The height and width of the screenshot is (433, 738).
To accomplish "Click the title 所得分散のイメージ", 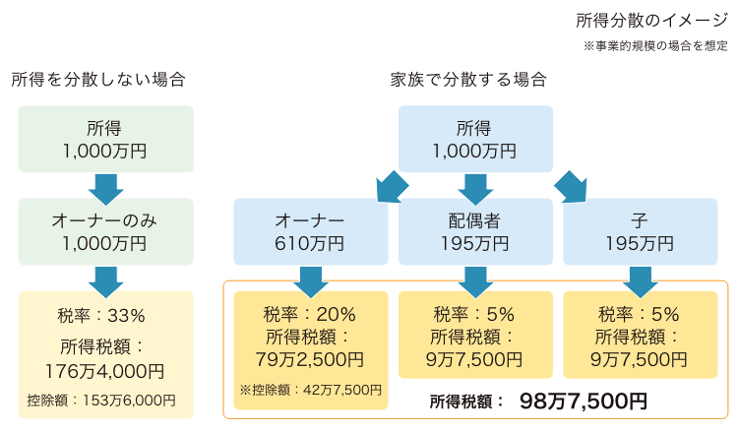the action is point(651,21).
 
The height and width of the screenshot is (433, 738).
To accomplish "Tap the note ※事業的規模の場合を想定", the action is point(655,46).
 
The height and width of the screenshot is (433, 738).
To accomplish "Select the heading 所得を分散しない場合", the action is point(97,80).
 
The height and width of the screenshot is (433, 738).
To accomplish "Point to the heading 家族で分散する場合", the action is point(468,80).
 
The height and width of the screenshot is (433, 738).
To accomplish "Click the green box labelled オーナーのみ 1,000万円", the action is point(106,231).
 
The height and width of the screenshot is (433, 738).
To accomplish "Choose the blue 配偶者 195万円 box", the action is point(475,231).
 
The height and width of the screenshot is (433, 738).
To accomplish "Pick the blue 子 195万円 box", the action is point(641,231).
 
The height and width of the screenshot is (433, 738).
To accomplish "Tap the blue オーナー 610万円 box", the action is point(311,231).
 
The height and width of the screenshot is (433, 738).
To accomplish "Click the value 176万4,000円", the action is point(104,371).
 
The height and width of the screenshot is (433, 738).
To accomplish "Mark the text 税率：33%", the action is point(101,315).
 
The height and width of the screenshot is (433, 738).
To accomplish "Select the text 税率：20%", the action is point(309,314).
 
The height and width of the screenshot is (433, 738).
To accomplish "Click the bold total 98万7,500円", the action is point(584,401).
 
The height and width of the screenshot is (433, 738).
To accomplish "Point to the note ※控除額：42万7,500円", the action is point(311,390).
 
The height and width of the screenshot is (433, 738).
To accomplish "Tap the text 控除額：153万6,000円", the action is point(101,401).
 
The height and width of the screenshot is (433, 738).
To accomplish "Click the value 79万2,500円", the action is point(310,359).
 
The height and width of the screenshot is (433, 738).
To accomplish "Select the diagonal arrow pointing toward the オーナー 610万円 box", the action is point(392,187).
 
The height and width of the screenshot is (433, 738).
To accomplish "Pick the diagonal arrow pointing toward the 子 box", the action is point(571,187).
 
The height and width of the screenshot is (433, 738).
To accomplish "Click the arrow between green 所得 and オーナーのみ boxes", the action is point(106,189).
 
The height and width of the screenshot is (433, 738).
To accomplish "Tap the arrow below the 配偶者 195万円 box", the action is point(475,282).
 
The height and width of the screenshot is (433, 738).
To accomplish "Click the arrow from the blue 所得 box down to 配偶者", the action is point(475,189).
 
